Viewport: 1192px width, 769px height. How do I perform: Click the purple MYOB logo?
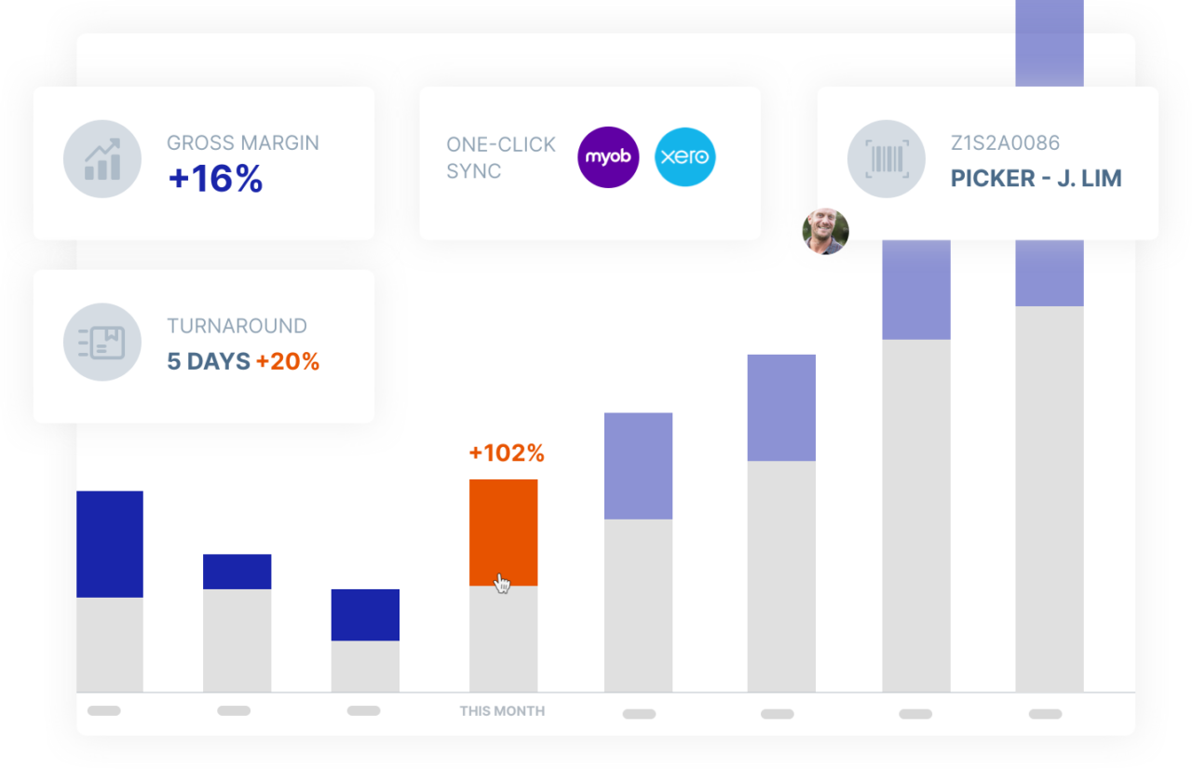(608, 156)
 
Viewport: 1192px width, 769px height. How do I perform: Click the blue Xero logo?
(685, 156)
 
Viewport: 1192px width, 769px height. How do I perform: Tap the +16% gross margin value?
(215, 179)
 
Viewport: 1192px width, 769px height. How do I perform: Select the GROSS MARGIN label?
(242, 143)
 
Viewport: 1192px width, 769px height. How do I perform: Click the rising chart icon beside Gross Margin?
(102, 159)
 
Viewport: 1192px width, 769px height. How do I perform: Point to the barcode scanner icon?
(886, 159)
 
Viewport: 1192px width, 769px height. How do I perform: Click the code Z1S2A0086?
(1005, 143)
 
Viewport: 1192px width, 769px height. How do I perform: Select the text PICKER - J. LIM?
(1036, 179)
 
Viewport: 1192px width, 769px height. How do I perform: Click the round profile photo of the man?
(826, 232)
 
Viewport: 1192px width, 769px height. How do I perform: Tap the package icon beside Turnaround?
(102, 342)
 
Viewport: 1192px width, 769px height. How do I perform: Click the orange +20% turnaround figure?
(288, 361)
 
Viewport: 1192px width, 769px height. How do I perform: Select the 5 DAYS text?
(208, 361)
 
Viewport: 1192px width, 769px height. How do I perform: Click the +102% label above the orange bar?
(506, 453)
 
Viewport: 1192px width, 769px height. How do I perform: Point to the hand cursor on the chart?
(502, 584)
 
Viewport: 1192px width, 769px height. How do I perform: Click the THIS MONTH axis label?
(502, 711)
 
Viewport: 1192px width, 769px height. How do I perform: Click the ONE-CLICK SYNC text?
(500, 157)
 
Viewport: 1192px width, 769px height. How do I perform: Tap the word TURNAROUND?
(237, 326)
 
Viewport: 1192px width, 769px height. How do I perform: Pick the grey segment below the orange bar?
(503, 642)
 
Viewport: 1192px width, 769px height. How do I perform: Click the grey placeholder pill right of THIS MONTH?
(639, 714)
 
